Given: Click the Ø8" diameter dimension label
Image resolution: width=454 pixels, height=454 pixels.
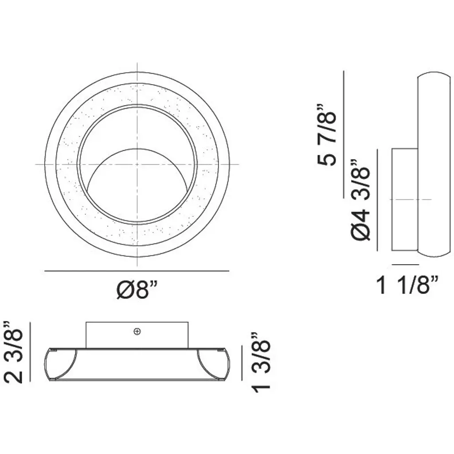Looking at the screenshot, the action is tap(137, 290).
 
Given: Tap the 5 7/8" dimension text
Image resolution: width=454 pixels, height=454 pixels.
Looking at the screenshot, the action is tap(327, 135).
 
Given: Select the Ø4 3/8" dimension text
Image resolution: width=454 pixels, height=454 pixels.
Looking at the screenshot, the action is tap(361, 200).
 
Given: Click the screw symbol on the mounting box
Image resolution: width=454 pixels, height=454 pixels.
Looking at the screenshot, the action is tap(137, 332).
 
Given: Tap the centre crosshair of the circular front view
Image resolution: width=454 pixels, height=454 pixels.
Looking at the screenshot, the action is tap(137, 164).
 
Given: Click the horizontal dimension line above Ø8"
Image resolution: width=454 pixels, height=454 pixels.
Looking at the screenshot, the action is tap(137, 271).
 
